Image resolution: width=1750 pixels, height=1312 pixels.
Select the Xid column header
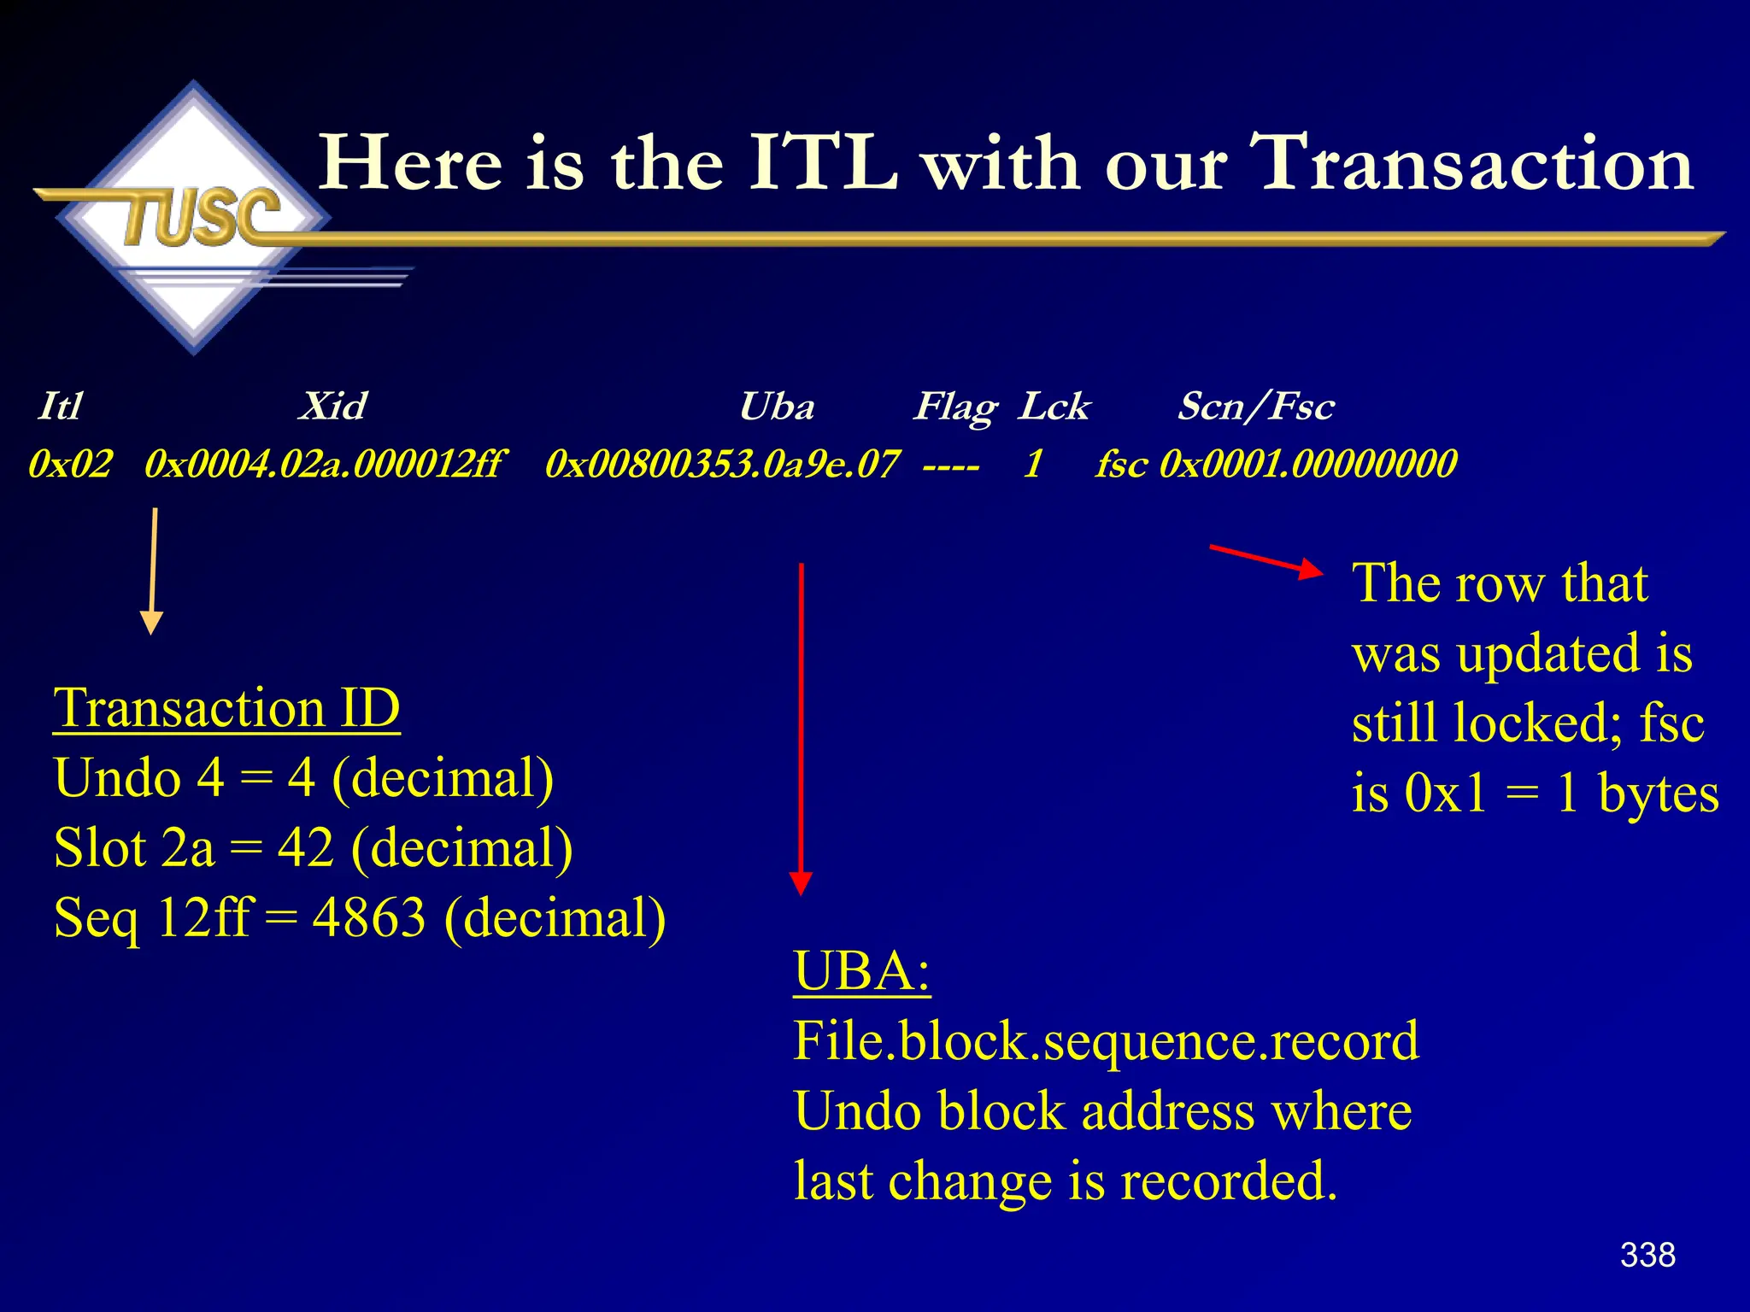pyautogui.click(x=332, y=406)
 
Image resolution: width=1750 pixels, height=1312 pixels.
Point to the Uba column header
pyautogui.click(x=776, y=406)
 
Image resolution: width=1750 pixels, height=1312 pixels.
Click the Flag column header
pyautogui.click(x=955, y=407)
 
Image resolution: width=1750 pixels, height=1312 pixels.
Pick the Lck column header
pyautogui.click(x=1054, y=406)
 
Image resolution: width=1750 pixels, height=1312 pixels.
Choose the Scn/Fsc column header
pyautogui.click(x=1255, y=406)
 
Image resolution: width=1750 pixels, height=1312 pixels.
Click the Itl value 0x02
pyautogui.click(x=70, y=464)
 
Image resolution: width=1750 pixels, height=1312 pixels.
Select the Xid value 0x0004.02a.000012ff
pyautogui.click(x=325, y=464)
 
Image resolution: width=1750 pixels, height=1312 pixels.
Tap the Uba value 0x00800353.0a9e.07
pyautogui.click(x=722, y=464)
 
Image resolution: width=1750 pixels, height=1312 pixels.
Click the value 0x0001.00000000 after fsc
pyautogui.click(x=1308, y=464)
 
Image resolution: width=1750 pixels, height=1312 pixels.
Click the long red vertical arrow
pyautogui.click(x=801, y=726)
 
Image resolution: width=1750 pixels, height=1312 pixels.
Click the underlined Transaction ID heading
pyautogui.click(x=226, y=708)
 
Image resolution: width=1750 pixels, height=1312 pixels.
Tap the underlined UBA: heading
pyautogui.click(x=861, y=971)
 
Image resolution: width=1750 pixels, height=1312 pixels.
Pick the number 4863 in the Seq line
pyautogui.click(x=368, y=918)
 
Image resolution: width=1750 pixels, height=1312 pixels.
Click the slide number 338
pyautogui.click(x=1647, y=1255)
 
